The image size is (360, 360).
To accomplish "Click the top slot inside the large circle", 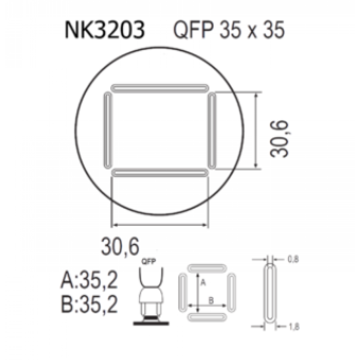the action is [160, 88].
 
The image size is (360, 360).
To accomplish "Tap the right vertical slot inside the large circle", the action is [212, 130].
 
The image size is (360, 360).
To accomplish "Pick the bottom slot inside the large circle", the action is [160, 172].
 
